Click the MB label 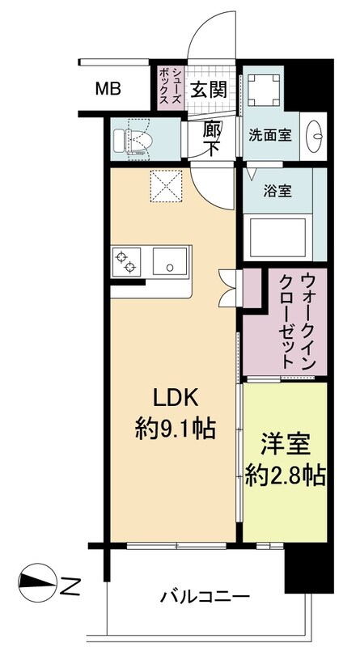pyautogui.click(x=108, y=88)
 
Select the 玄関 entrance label pyautogui.click(x=209, y=90)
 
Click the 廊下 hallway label pyautogui.click(x=212, y=138)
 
